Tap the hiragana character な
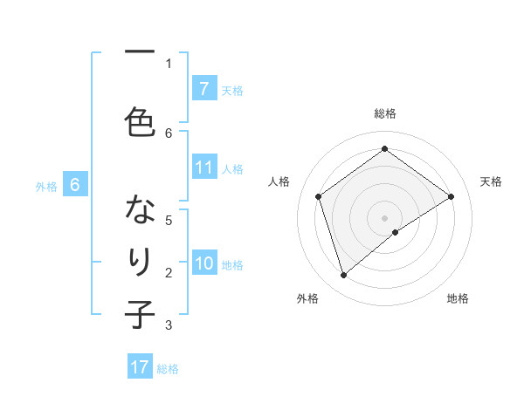[140, 210]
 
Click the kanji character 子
[140, 313]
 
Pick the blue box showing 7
[204, 89]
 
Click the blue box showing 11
[204, 168]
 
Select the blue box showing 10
[204, 264]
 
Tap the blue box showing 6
[75, 185]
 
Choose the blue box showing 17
[140, 367]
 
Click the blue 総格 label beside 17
[168, 369]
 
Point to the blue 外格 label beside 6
[46, 187]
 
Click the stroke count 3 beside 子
[169, 325]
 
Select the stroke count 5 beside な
[169, 221]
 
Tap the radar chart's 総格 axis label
[384, 113]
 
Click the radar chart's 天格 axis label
[491, 181]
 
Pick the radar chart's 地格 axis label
[458, 298]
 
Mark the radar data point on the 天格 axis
[452, 196]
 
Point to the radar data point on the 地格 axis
[396, 232]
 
